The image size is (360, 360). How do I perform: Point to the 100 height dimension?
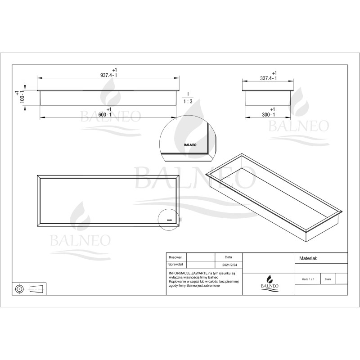(19, 96)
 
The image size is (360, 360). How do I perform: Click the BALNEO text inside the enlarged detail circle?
(191, 145)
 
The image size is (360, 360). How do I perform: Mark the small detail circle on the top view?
(169, 220)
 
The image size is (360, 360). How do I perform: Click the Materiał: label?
(308, 259)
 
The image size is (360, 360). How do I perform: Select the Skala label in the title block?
(328, 279)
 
